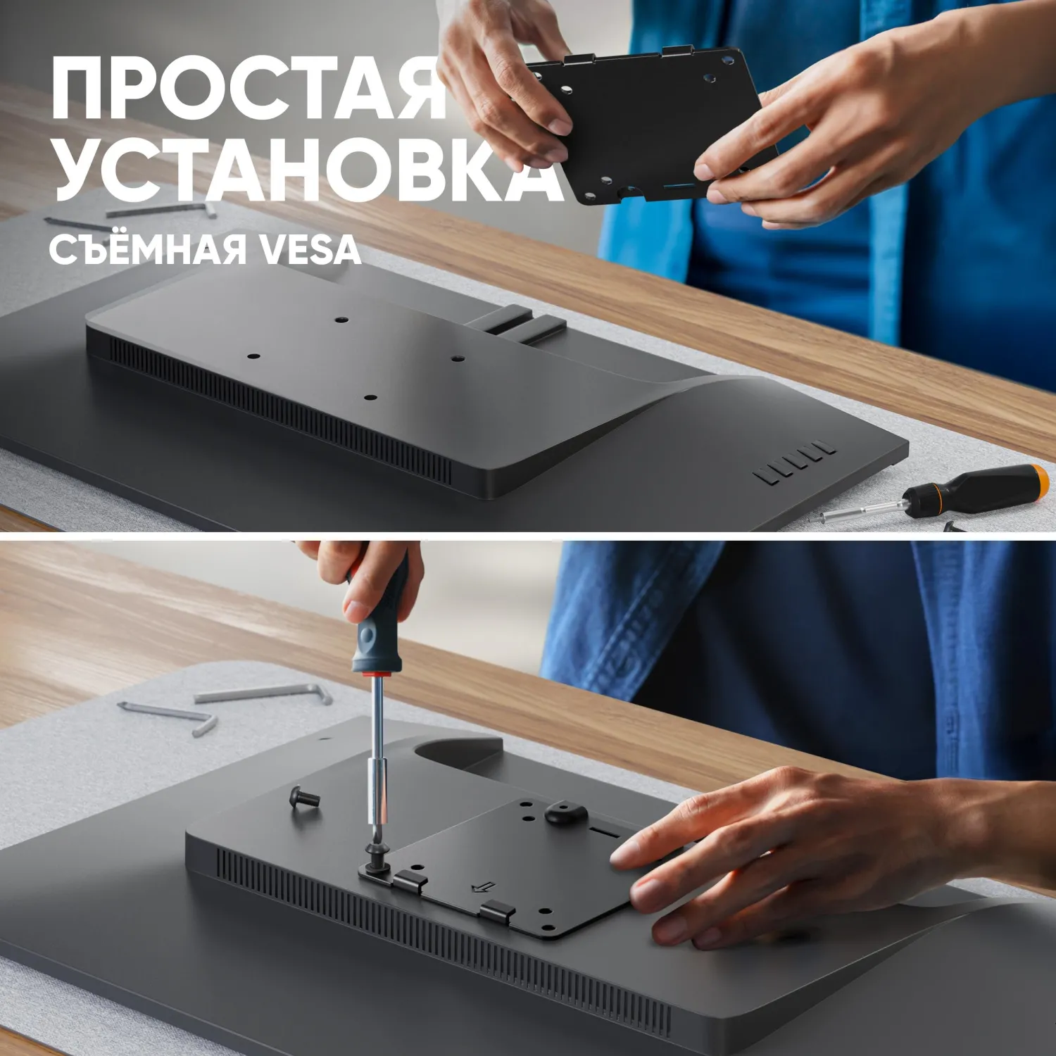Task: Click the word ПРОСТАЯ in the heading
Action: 249,90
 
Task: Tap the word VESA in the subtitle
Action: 310,250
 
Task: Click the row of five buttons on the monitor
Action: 794,463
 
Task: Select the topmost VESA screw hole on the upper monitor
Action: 341,320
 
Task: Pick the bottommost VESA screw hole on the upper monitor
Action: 368,398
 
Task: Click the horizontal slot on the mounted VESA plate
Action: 604,832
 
